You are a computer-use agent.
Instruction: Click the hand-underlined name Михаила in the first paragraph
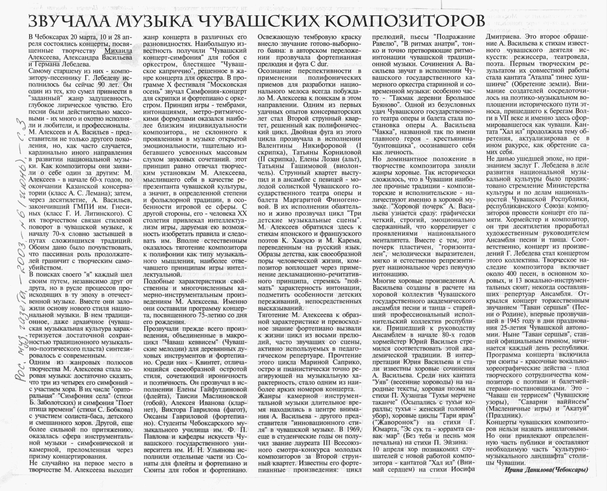point(118,51)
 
